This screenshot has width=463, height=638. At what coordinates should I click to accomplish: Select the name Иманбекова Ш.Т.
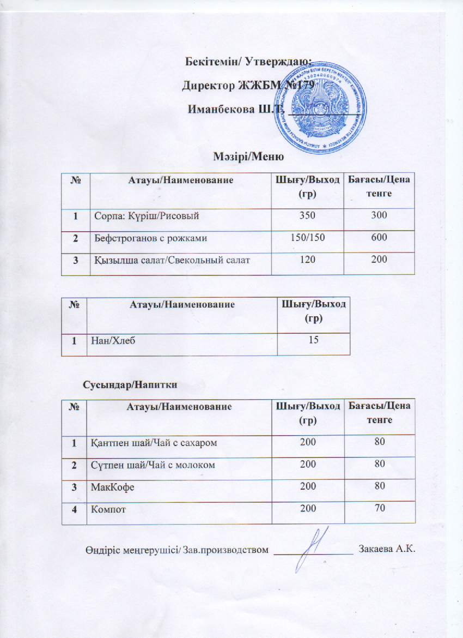[228, 109]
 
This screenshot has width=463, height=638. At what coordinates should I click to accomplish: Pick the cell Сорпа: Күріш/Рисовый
[145, 216]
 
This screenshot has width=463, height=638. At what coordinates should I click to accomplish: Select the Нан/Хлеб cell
[114, 341]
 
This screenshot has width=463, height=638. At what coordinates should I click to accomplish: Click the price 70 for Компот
[379, 508]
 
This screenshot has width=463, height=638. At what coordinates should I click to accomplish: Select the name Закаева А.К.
[388, 549]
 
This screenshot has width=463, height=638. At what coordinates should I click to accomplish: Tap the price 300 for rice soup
[379, 216]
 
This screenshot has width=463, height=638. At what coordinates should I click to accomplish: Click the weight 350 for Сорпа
[307, 216]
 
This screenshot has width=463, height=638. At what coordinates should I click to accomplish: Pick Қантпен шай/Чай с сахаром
[154, 443]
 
